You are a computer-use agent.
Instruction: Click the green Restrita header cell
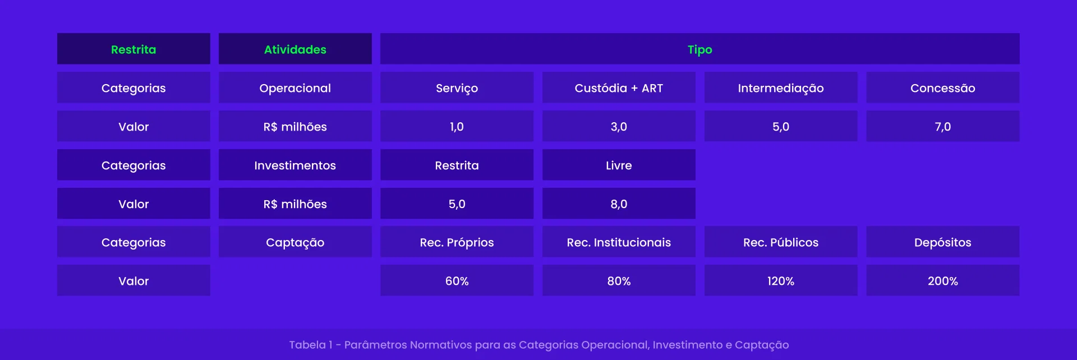pos(134,49)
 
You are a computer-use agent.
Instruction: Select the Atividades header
pos(295,49)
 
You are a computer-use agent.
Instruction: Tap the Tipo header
pos(699,49)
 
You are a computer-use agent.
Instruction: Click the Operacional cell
pos(295,88)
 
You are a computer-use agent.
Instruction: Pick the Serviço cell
pos(457,88)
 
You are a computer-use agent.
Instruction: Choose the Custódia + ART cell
pos(619,88)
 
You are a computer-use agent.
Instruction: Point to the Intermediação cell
pos(780,88)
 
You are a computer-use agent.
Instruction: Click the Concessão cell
pos(942,88)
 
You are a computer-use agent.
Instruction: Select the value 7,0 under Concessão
pos(942,127)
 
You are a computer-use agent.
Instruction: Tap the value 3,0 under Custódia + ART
pos(619,127)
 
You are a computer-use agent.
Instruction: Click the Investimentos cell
pos(295,165)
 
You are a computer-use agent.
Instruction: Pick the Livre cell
pos(619,165)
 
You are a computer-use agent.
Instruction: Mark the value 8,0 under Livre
pos(619,204)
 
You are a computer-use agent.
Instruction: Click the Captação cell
pos(295,242)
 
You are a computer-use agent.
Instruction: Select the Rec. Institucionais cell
pos(619,242)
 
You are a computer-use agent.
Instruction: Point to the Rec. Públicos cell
pos(780,242)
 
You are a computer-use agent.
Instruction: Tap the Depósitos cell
pos(942,242)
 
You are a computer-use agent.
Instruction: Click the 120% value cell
pos(780,281)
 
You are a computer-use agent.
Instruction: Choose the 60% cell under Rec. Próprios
pos(457,281)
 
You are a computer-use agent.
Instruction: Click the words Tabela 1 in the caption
pos(310,345)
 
